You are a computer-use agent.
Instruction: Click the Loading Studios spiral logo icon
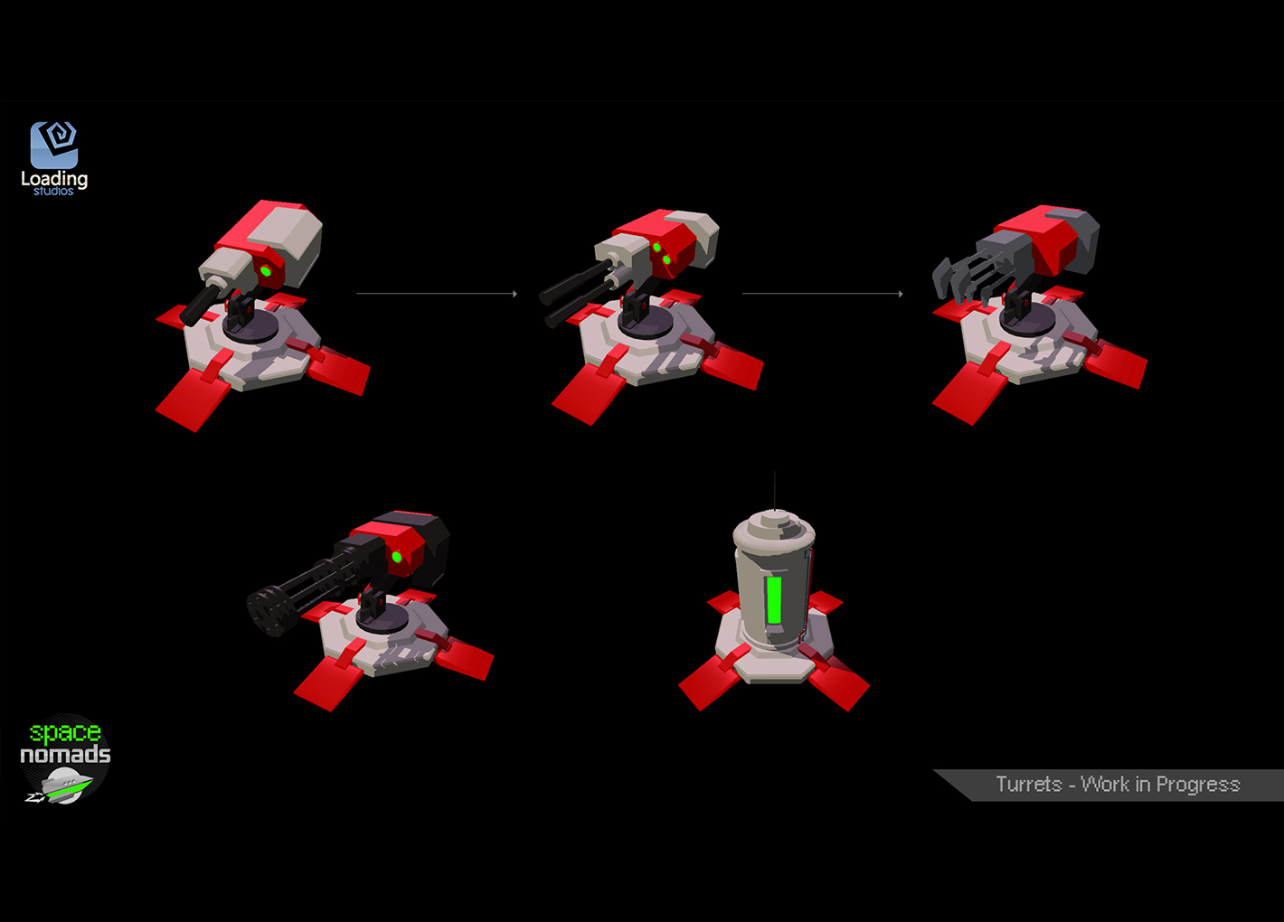[54, 145]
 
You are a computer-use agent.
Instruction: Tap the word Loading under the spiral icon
[54, 179]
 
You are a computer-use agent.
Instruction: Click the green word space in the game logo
[65, 733]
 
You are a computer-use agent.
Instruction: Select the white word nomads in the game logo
[65, 754]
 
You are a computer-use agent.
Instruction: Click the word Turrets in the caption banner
[1029, 784]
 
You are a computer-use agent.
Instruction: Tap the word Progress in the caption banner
[1198, 785]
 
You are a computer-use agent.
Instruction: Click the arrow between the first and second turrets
[437, 294]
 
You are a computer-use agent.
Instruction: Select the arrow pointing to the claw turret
[823, 294]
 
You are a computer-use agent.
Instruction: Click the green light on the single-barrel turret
[266, 270]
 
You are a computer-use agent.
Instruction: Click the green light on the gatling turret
[397, 557]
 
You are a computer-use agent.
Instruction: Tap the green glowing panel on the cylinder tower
[774, 599]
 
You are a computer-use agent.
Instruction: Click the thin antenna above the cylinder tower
[774, 491]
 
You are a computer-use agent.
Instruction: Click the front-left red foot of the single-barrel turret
[192, 399]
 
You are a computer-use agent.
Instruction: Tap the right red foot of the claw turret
[1116, 363]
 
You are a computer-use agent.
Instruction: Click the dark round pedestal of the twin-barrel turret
[646, 325]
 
